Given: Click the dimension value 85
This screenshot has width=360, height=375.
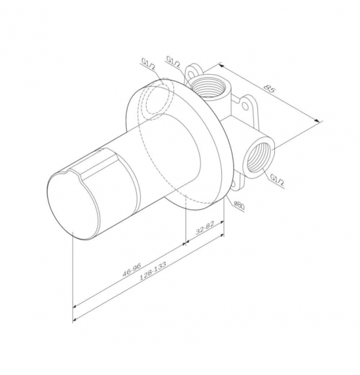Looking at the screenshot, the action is tap(270, 88).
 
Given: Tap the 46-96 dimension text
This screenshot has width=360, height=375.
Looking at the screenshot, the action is tap(132, 270).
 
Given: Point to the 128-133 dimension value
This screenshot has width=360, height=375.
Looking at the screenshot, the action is tap(153, 270).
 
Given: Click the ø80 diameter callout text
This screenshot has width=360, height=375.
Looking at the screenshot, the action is tap(239, 205).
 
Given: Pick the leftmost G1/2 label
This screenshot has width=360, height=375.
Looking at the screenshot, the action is tap(149, 64).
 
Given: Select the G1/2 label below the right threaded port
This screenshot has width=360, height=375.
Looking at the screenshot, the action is tap(278, 180).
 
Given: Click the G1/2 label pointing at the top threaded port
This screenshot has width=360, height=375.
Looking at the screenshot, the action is tap(173, 62).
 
